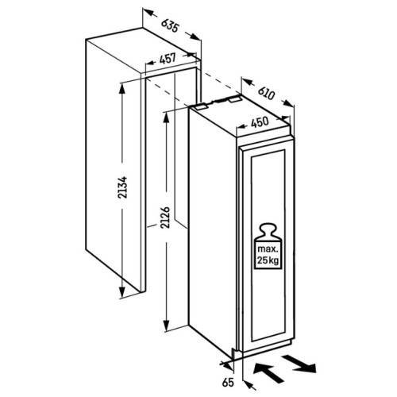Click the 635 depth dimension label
171,26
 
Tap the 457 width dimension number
168,59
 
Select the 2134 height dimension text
123,187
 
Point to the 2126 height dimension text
166,218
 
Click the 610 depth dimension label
266,93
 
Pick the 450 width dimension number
260,122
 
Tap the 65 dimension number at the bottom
228,382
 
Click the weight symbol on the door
268,246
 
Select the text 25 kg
268,260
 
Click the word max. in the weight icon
268,249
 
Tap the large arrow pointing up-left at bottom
268,373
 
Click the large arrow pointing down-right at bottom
299,364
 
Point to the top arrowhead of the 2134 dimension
121,89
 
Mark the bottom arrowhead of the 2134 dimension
121,292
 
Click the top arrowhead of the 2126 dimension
166,118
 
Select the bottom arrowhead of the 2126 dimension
166,326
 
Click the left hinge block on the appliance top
200,106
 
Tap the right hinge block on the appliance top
235,99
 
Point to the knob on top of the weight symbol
268,229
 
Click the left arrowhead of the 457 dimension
150,64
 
